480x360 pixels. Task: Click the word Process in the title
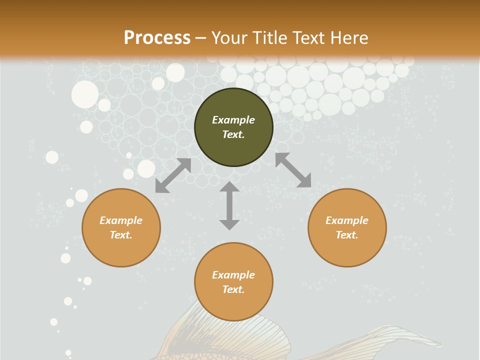[157, 38]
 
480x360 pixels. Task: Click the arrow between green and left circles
[173, 175]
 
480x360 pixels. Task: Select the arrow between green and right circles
[293, 170]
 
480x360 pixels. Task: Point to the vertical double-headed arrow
[229, 205]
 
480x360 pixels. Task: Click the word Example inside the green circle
[233, 120]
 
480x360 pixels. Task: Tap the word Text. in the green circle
[233, 134]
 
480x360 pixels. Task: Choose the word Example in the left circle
[121, 220]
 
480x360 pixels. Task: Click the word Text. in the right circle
[347, 235]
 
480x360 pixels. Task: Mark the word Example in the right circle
[347, 220]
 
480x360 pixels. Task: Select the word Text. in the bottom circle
[233, 289]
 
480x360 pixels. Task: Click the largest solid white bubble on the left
[85, 94]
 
